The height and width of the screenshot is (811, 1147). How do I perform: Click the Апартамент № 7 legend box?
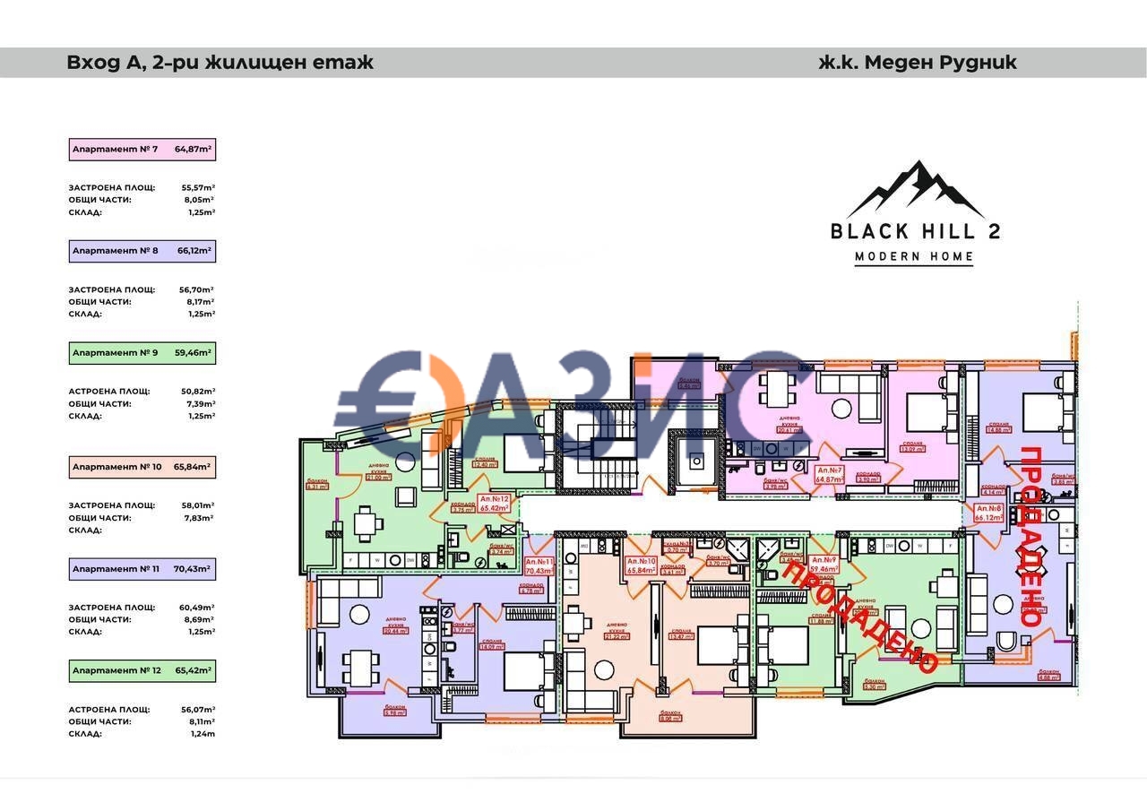pyautogui.click(x=142, y=150)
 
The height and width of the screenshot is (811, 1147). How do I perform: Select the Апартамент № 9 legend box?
pyautogui.click(x=142, y=353)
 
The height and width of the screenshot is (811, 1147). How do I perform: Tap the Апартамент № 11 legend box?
pyautogui.click(x=142, y=569)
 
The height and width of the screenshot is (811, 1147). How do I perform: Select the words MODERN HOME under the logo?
pyautogui.click(x=914, y=257)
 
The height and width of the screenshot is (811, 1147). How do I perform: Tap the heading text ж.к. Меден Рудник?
pyautogui.click(x=918, y=63)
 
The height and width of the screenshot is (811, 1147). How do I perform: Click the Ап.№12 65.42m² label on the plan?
pyautogui.click(x=494, y=503)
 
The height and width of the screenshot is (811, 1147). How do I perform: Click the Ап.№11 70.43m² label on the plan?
pyautogui.click(x=539, y=566)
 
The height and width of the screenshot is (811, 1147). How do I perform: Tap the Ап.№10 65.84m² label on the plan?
pyautogui.click(x=641, y=565)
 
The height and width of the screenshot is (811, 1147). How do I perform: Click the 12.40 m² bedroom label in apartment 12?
pyautogui.click(x=485, y=463)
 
